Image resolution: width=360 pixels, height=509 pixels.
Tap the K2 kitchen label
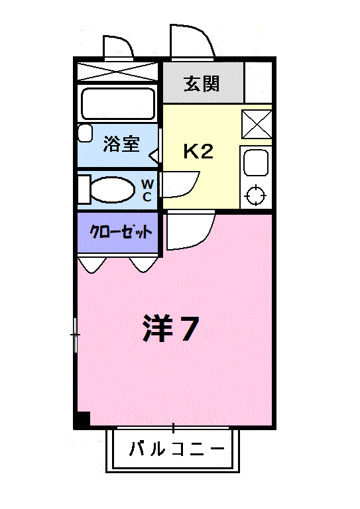(x=198, y=152)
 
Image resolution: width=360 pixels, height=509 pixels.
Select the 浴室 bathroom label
(x=121, y=144)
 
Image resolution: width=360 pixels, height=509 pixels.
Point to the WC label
(x=147, y=190)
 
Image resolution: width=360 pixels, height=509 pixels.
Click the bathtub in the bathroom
(x=117, y=103)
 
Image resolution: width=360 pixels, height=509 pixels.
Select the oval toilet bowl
(x=112, y=190)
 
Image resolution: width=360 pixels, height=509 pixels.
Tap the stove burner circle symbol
(x=255, y=196)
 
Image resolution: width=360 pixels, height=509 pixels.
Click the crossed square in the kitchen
(x=255, y=123)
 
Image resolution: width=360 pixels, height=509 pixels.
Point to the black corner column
(x=82, y=420)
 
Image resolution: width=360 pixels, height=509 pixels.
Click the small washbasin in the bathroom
(x=85, y=133)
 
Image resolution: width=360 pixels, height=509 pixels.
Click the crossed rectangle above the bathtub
(x=117, y=71)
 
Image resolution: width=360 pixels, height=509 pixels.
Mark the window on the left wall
(x=76, y=335)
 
